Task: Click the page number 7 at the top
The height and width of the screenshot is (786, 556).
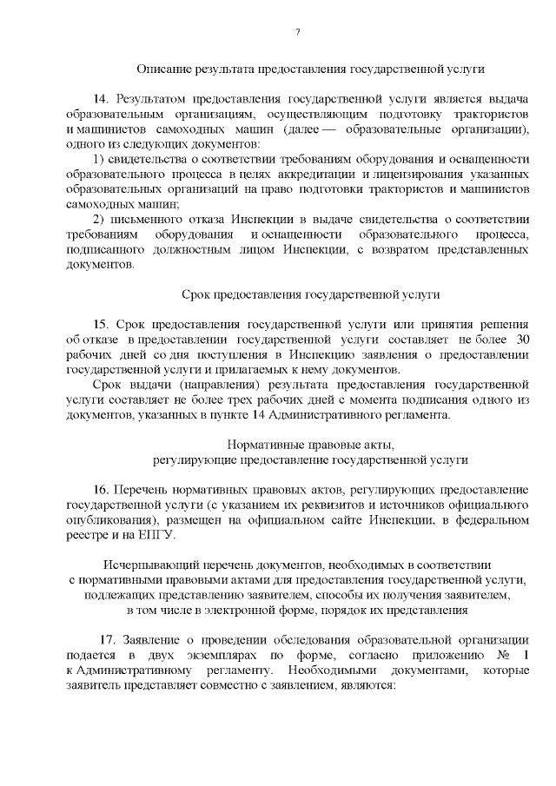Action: [x=297, y=32]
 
